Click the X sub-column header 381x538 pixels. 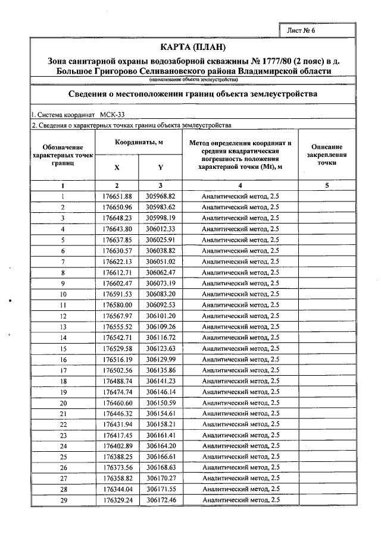[117, 167]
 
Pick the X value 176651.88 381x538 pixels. [117, 196]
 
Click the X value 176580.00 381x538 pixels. [117, 305]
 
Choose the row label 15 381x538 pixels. [63, 348]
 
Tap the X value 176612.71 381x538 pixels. [117, 272]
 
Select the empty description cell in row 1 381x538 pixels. [326, 196]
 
